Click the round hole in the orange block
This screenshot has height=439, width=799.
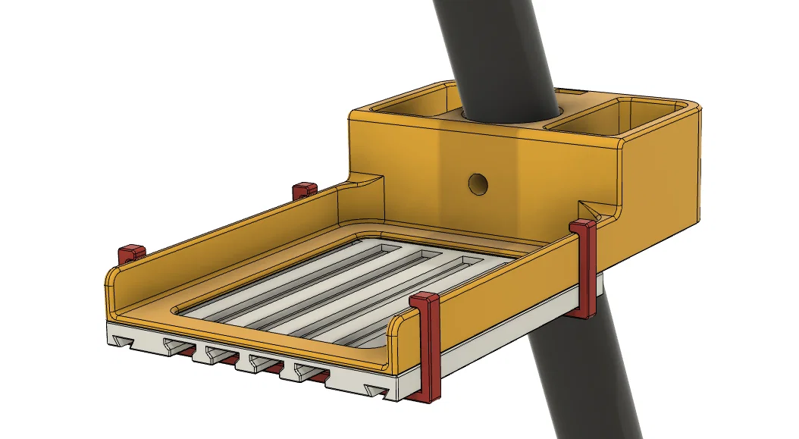pyautogui.click(x=478, y=183)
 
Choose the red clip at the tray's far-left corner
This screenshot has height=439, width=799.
pyautogui.click(x=130, y=253)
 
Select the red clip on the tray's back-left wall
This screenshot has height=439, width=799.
pyautogui.click(x=304, y=189)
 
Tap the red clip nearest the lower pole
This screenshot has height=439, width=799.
pyautogui.click(x=584, y=265)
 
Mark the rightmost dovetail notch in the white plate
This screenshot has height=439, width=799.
pyautogui.click(x=377, y=389)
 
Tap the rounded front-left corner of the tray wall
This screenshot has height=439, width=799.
pyautogui.click(x=111, y=288)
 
